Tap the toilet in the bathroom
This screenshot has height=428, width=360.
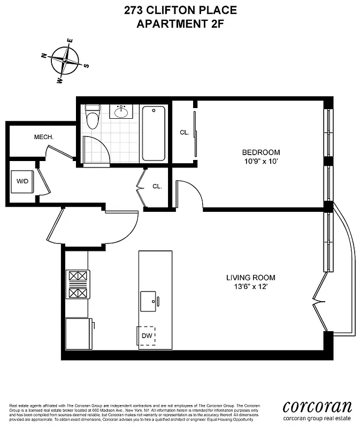coord(93,118)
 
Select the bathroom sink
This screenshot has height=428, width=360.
coord(121,112)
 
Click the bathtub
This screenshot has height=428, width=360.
coord(154,133)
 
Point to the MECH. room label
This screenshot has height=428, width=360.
coord(44,137)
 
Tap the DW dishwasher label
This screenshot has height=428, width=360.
coord(147,337)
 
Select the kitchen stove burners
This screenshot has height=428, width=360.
coord(77,285)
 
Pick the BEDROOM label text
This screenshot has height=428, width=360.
coord(261,152)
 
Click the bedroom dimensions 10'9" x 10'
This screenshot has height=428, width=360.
coord(261,160)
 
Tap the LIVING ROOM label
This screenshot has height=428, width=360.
coord(250,278)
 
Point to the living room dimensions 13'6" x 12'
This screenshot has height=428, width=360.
coord(250,286)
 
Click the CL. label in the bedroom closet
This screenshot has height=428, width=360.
coord(185,132)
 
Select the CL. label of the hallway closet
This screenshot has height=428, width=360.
coord(157,187)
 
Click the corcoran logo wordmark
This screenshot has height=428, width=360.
coord(317,405)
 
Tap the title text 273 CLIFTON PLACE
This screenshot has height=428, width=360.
coord(180,10)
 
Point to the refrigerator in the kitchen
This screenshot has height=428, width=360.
coord(78,334)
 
